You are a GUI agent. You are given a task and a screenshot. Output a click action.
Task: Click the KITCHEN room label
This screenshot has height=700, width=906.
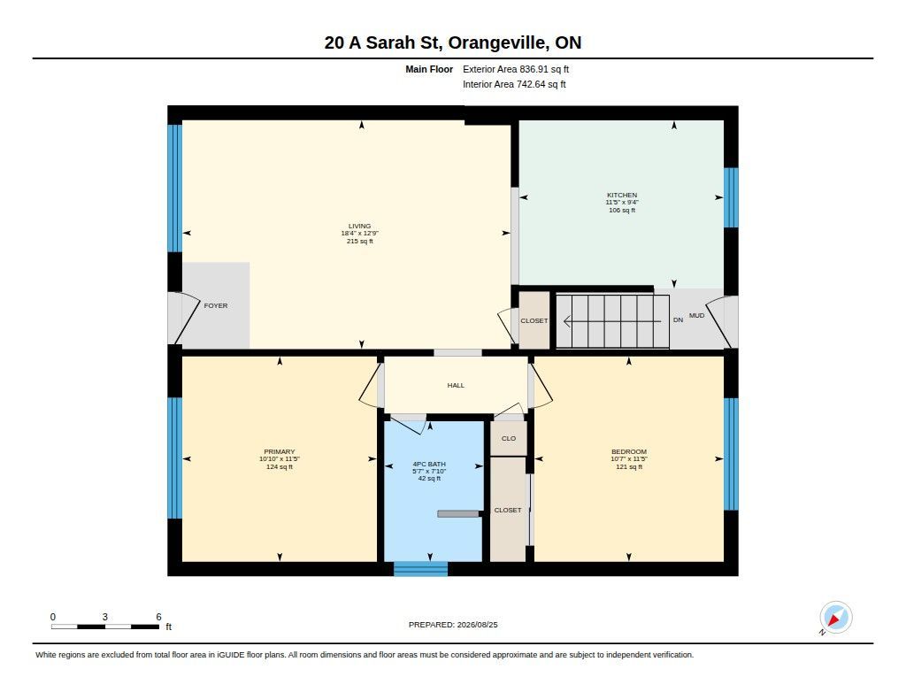[622, 196]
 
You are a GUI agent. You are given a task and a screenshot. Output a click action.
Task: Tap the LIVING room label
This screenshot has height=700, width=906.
[359, 226]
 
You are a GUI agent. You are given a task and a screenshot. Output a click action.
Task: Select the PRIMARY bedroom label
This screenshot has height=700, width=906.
[279, 451]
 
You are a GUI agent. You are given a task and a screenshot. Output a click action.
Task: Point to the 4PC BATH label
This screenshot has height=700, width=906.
[429, 464]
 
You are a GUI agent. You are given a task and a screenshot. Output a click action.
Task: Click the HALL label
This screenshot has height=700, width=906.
[456, 385]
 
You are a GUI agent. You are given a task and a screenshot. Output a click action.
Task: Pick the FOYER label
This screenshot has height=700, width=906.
[216, 305]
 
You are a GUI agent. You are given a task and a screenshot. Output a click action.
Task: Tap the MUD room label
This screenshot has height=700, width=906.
[696, 315]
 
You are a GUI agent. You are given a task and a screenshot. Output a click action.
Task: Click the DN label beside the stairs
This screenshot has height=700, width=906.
[678, 319]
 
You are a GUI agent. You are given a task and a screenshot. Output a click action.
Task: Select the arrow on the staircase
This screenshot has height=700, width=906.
[612, 321]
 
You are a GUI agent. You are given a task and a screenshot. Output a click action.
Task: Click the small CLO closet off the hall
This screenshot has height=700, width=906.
[509, 438]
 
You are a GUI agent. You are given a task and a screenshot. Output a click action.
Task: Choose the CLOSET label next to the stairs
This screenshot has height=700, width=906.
[534, 320]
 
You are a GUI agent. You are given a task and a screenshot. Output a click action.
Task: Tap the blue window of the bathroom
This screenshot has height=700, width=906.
[420, 569]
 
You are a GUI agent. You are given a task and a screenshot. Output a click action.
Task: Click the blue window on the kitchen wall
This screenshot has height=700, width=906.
[731, 197]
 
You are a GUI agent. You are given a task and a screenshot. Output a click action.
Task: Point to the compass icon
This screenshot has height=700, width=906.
[835, 618]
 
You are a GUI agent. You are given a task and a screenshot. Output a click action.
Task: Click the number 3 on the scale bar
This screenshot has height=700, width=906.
[104, 617]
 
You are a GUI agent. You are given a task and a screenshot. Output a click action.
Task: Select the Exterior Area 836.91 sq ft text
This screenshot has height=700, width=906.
[516, 69]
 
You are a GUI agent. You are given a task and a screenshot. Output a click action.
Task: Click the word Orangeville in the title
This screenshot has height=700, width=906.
[497, 42]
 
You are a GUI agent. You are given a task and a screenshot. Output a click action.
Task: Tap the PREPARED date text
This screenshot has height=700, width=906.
[453, 624]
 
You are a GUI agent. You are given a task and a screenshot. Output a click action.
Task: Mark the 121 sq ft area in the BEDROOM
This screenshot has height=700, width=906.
[629, 466]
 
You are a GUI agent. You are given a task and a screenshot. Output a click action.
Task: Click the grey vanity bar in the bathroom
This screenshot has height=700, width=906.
[458, 513]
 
